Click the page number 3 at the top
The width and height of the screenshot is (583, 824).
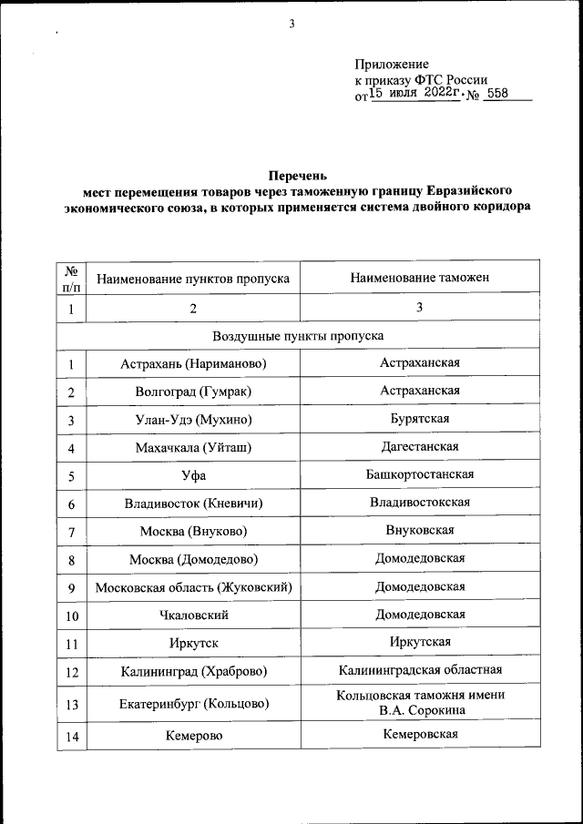click(x=291, y=25)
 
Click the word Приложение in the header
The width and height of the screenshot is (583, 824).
click(x=391, y=65)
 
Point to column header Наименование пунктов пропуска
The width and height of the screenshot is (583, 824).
click(x=193, y=278)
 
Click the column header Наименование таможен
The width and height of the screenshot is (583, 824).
click(x=419, y=277)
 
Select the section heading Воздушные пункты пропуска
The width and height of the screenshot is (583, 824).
click(x=298, y=336)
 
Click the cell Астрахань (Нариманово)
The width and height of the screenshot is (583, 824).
click(x=193, y=364)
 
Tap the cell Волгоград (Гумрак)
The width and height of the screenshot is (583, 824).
click(x=193, y=392)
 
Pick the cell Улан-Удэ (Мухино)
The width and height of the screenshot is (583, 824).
click(x=193, y=420)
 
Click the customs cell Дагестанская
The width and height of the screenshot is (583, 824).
click(x=419, y=447)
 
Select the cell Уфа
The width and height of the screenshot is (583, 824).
click(x=193, y=475)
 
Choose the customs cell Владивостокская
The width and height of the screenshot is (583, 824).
click(x=419, y=503)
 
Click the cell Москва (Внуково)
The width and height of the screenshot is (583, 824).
click(x=193, y=531)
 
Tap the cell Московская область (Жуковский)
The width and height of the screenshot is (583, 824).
click(x=193, y=587)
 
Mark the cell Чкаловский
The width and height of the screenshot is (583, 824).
click(x=193, y=615)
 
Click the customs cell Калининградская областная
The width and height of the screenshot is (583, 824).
click(x=419, y=671)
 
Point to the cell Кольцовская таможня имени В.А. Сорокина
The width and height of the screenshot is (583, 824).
click(x=419, y=702)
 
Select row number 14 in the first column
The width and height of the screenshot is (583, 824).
click(x=70, y=734)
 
